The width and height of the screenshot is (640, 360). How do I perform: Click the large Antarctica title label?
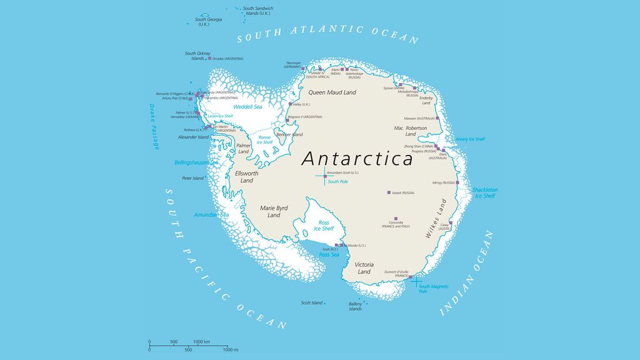coord(357,159)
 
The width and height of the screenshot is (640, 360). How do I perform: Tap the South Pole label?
coord(337,182)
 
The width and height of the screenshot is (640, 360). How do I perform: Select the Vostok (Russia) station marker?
coord(389,192)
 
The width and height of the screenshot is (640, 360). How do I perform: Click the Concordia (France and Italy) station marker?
coord(396,219)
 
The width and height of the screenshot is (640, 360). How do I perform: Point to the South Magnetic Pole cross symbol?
coord(416,279)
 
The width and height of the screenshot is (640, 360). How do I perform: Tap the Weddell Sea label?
coord(247,107)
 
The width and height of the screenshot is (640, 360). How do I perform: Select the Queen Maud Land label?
coord(332,92)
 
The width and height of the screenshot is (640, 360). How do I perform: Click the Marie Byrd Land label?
coord(274,211)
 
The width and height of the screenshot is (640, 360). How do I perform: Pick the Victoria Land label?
coord(364,268)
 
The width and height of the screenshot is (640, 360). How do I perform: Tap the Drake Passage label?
coord(154,127)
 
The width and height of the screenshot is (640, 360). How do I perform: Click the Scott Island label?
coord(311,303)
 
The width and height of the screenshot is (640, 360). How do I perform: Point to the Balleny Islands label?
coord(355,306)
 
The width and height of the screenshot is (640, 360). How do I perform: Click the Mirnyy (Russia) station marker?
coord(457,182)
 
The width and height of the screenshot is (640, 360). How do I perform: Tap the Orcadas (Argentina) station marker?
coord(210,59)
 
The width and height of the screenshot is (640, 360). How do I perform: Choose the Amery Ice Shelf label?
coord(470,139)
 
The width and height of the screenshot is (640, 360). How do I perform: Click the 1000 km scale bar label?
coord(201,342)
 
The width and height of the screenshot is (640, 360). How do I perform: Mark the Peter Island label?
coord(192,178)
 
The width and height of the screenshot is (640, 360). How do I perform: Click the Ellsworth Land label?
coord(246,177)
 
